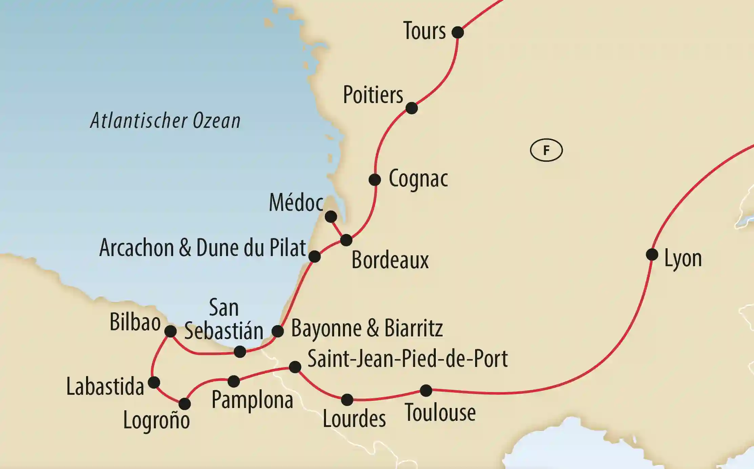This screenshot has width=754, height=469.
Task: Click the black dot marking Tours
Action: [457, 33]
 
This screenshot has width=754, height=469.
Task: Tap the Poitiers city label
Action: [373, 95]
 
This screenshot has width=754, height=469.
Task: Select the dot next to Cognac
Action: [374, 180]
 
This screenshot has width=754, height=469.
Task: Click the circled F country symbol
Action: [546, 150]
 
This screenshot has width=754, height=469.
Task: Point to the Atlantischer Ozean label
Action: [165, 121]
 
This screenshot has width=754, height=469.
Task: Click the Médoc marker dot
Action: [331, 216]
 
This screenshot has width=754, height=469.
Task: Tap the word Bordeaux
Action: [390, 260]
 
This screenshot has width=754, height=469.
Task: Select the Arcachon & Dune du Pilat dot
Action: [314, 256]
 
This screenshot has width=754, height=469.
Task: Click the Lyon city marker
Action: [652, 254]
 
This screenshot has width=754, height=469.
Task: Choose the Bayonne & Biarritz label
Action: [367, 328]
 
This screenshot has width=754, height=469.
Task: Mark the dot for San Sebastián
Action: [240, 352]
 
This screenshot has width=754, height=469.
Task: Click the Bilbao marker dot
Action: [170, 331]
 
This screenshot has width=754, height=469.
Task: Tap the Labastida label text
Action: [105, 387]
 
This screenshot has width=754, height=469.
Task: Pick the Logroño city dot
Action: [185, 404]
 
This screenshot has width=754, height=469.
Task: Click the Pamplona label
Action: [252, 400]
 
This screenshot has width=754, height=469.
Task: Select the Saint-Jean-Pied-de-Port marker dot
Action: [295, 367]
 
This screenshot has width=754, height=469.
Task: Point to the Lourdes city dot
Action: [347, 400]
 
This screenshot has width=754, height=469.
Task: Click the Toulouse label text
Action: [440, 413]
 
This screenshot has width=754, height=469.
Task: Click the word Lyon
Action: [683, 259]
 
